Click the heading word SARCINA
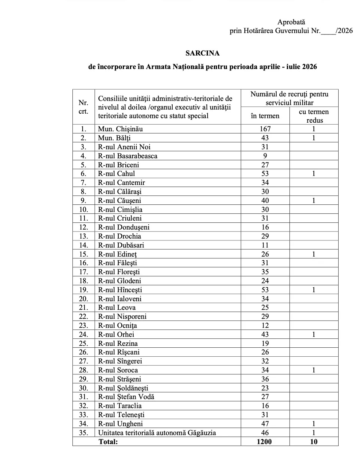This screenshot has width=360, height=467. (x=202, y=53)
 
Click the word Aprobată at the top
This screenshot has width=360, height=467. (x=291, y=22)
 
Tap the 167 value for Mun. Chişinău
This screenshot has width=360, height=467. (x=265, y=129)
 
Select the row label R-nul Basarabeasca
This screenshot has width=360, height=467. (x=128, y=156)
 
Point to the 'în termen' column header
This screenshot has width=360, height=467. (x=265, y=116)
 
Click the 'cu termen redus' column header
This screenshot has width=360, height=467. (x=314, y=116)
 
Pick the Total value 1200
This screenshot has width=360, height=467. (x=264, y=442)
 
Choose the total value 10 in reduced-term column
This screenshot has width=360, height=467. (x=314, y=442)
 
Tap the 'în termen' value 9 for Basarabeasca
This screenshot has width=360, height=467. (x=265, y=156)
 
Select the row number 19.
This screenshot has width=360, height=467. (x=83, y=290)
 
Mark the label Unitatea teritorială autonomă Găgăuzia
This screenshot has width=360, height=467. (x=157, y=433)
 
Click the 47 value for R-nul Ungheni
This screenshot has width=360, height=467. (x=265, y=424)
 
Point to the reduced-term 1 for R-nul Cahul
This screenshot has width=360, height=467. (x=314, y=174)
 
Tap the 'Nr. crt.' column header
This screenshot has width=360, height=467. (x=83, y=107)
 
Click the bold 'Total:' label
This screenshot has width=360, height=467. (x=108, y=442)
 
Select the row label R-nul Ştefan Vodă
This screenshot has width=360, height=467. (x=126, y=397)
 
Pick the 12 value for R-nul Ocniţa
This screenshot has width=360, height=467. (x=265, y=326)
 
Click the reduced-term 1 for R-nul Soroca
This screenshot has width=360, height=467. (x=314, y=370)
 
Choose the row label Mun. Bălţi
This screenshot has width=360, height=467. (x=114, y=138)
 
